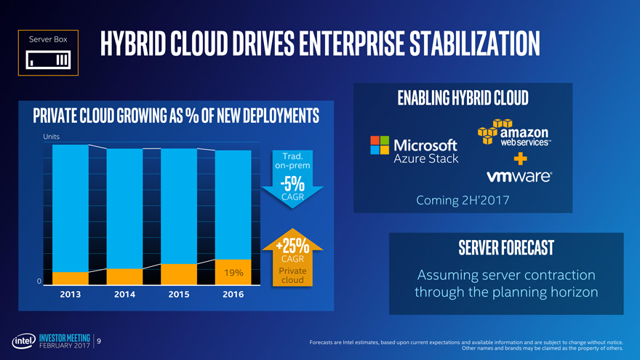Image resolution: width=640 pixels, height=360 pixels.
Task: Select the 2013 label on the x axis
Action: (x=70, y=295)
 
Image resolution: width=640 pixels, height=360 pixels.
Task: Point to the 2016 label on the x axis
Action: (x=233, y=295)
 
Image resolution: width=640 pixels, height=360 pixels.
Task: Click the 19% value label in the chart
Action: (x=233, y=273)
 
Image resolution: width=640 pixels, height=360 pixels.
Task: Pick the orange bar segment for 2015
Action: (x=179, y=274)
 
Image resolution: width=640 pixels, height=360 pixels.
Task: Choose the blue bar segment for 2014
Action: (x=124, y=208)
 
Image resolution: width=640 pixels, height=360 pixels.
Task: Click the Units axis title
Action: (x=52, y=137)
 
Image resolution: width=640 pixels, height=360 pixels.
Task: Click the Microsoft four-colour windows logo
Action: (x=379, y=145)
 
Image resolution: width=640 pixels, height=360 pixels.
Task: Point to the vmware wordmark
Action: (x=519, y=177)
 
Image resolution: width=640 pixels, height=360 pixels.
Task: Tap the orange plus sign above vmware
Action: (x=519, y=159)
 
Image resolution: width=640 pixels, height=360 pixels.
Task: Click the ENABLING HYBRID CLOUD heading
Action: (x=463, y=98)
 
